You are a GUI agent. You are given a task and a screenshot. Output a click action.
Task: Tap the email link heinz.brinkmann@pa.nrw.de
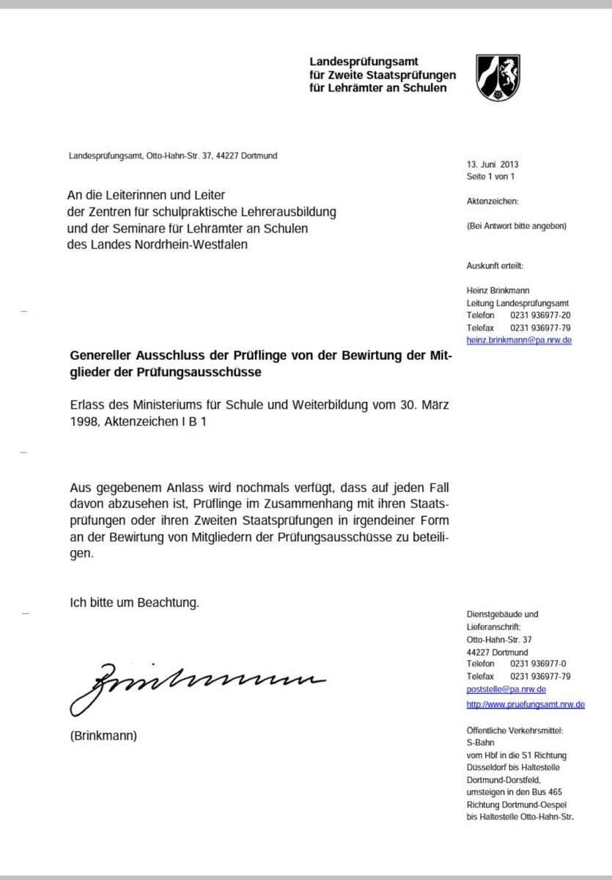[519, 342]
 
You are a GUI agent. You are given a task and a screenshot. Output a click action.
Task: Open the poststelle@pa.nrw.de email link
[506, 690]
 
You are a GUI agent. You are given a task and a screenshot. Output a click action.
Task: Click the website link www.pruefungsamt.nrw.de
[526, 705]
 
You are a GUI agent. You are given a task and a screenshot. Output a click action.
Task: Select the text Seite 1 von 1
[491, 177]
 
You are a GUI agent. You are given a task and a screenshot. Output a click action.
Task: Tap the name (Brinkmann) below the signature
[103, 735]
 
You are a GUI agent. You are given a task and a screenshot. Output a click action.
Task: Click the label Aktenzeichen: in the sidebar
[493, 200]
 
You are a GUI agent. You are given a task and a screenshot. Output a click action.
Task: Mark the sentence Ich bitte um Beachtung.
[134, 603]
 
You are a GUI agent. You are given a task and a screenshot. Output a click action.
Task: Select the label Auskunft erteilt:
[495, 265]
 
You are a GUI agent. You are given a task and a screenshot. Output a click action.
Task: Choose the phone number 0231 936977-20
[541, 316]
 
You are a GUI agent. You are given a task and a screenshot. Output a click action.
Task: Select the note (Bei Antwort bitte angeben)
[516, 227]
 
